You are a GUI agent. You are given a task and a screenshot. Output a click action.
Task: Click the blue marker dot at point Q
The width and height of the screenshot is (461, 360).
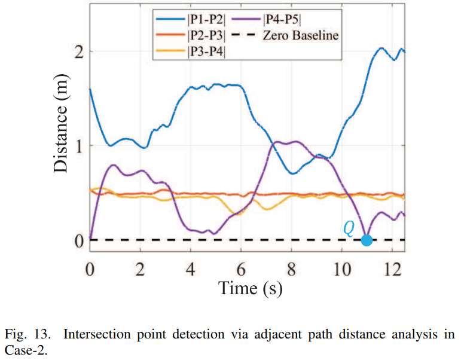367,240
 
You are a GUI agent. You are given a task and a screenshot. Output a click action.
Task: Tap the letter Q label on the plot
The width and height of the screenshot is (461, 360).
349,228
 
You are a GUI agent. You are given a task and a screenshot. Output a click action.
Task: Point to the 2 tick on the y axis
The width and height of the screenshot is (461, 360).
78,52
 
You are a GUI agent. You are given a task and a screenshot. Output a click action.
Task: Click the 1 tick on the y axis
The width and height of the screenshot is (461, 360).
78,146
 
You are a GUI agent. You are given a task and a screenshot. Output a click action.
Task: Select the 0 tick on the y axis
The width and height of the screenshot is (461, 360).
78,240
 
